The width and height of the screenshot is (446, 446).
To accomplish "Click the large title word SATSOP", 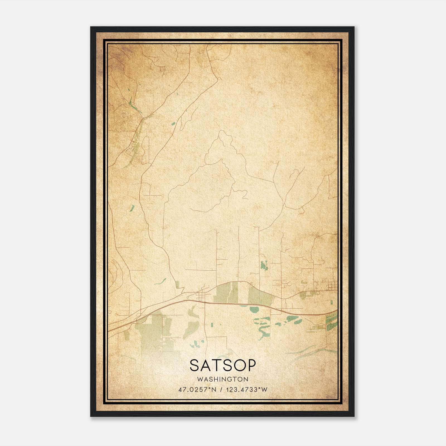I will [x=222, y=365].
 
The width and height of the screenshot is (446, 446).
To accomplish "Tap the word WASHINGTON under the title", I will [x=222, y=379].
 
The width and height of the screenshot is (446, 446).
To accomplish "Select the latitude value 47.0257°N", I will [x=197, y=389].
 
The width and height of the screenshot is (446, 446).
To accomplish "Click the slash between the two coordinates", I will [x=221, y=389].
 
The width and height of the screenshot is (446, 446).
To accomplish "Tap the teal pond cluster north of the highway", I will [x=264, y=265].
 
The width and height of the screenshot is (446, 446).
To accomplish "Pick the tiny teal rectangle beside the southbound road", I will [x=211, y=325].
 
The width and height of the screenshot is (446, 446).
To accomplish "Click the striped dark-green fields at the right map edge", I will [x=332, y=321].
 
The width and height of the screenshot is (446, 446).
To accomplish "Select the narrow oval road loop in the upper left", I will [x=145, y=150].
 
